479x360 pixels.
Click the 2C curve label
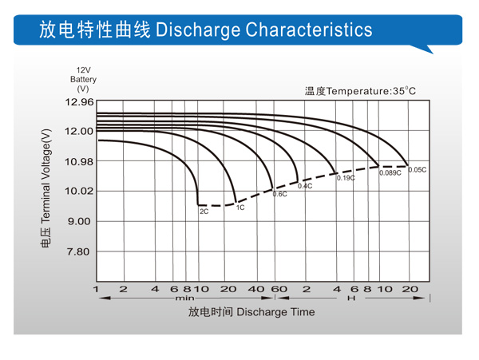click(204, 212)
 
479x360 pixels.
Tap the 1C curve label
click(240, 208)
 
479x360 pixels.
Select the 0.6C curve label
click(279, 194)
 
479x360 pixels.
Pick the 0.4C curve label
click(304, 186)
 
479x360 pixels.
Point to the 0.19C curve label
click(345, 178)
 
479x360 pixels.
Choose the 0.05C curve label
click(418, 170)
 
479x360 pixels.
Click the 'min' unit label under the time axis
click(184, 298)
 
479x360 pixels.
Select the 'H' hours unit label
click(350, 298)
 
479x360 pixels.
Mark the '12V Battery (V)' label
click(83, 79)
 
